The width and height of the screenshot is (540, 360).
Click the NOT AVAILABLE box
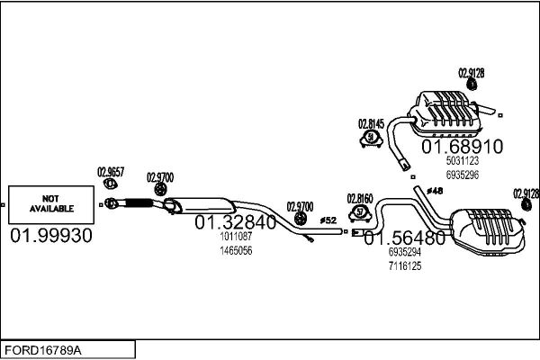point(51,203)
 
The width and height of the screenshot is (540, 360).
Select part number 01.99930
point(51,235)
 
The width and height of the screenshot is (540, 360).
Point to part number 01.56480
point(404,238)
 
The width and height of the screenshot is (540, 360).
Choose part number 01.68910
point(463,146)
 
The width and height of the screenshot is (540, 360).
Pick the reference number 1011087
point(235,238)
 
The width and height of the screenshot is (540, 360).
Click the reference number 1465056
point(235,250)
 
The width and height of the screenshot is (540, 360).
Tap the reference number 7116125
point(404,266)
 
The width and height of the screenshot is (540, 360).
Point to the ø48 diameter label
point(435,191)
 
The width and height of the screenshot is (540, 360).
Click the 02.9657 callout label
point(111,170)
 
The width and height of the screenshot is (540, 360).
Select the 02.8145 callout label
point(371,123)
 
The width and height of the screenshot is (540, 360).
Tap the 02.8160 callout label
point(360,197)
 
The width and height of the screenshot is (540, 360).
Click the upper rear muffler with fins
point(450,112)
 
